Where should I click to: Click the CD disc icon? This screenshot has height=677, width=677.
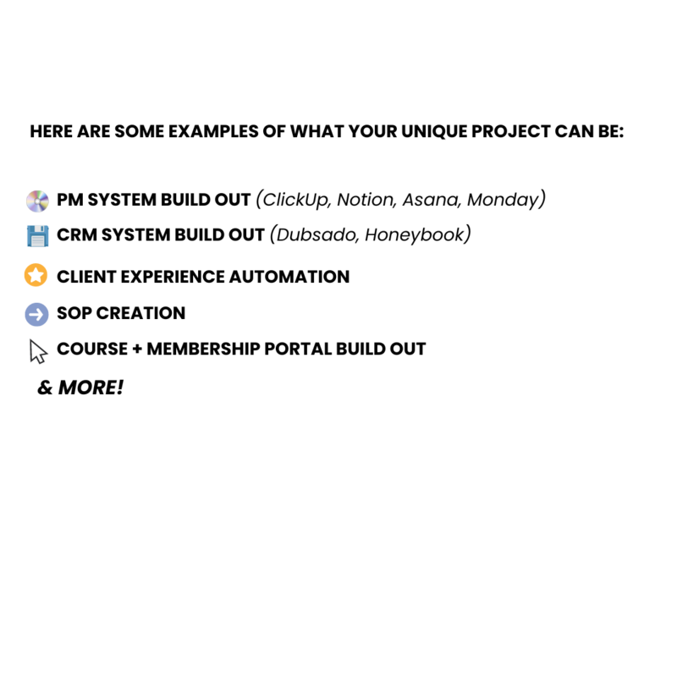click(37, 201)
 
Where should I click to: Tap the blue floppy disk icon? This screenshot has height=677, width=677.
click(37, 236)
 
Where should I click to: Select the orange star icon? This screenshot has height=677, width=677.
click(36, 275)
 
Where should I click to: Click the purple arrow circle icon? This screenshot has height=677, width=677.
click(36, 314)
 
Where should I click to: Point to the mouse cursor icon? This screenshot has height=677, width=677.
click(38, 351)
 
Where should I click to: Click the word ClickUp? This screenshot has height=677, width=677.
click(294, 200)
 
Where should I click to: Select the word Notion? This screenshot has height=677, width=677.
click(366, 200)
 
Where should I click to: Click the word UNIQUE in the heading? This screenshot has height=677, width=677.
click(434, 132)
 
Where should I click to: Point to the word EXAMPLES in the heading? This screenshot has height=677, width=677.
click(213, 131)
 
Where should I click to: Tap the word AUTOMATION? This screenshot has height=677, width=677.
click(289, 277)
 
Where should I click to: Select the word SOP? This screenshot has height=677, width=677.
click(74, 313)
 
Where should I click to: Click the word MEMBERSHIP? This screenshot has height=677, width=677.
click(203, 349)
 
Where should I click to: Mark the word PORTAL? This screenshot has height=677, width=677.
click(298, 349)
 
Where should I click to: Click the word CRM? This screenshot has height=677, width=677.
click(77, 235)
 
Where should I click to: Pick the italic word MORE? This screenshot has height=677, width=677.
click(91, 388)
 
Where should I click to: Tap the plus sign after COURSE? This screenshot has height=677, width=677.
click(137, 350)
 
